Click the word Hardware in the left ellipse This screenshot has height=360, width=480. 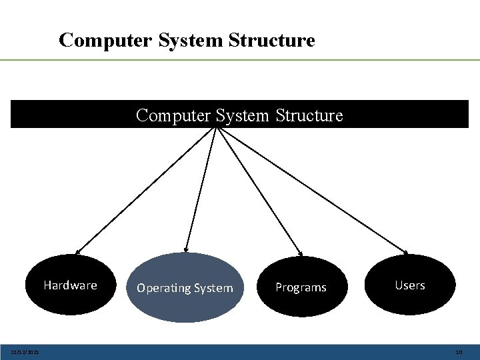pyautogui.click(x=70, y=285)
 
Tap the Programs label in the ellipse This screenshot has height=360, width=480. pyautogui.click(x=301, y=287)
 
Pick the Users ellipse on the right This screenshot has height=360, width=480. pyautogui.click(x=410, y=285)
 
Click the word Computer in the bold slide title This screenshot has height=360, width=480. pyautogui.click(x=106, y=40)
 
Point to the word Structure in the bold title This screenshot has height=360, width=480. pyautogui.click(x=271, y=40)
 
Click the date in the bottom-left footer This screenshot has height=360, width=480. pyautogui.click(x=25, y=352)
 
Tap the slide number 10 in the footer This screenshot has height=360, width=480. pyautogui.click(x=458, y=352)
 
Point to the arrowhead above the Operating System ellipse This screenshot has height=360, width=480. pyautogui.click(x=186, y=249)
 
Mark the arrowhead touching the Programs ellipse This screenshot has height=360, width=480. pyautogui.click(x=300, y=253)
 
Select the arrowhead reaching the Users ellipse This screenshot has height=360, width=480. pyautogui.click(x=405, y=252)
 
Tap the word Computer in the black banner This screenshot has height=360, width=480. pyautogui.click(x=173, y=115)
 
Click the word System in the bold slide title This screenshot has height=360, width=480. pyautogui.click(x=192, y=40)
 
